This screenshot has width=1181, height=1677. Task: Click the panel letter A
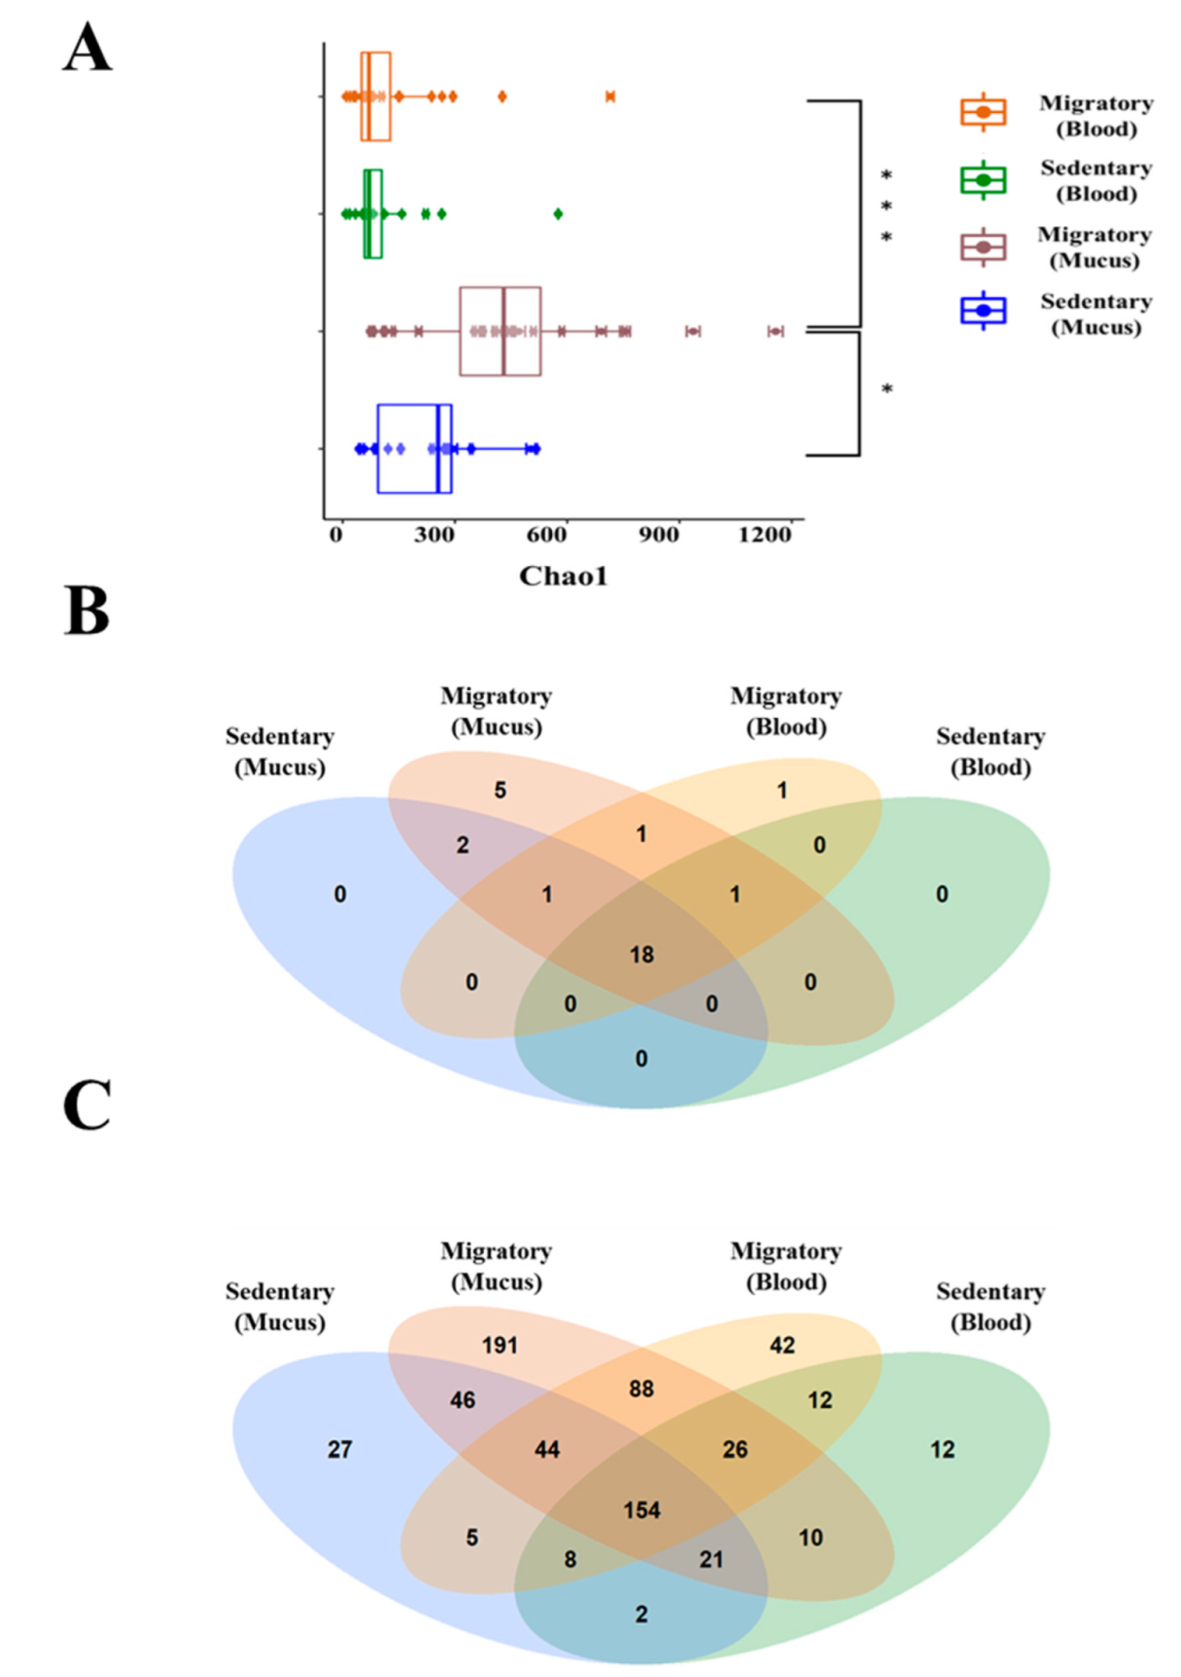point(88,48)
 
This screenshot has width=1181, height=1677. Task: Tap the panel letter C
point(87,1105)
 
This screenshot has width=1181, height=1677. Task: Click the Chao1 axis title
point(564,576)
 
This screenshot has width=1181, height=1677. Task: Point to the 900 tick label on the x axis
point(659,534)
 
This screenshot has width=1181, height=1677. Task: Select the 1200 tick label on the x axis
point(765,534)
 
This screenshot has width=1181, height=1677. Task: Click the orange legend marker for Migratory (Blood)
point(983,112)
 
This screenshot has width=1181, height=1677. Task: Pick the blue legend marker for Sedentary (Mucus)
point(983,311)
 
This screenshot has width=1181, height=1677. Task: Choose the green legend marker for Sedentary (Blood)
point(983,180)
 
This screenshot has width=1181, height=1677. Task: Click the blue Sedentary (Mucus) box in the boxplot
point(414,448)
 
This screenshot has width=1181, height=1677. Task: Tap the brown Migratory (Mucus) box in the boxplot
point(500,331)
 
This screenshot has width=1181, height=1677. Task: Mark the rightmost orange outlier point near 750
point(610,96)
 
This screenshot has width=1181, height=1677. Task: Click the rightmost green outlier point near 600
point(558,213)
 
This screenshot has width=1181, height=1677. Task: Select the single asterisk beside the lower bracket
point(886,389)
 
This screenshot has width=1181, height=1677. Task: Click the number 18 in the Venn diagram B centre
point(641,954)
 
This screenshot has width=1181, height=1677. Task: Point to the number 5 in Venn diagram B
point(500,790)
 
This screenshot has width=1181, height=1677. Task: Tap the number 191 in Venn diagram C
point(500,1345)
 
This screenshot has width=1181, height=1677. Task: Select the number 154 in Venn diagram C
point(641,1510)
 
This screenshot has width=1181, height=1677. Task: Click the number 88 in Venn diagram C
point(641,1389)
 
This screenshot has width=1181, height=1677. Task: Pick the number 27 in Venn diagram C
point(340,1450)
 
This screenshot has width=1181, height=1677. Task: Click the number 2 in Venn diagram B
point(463,845)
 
